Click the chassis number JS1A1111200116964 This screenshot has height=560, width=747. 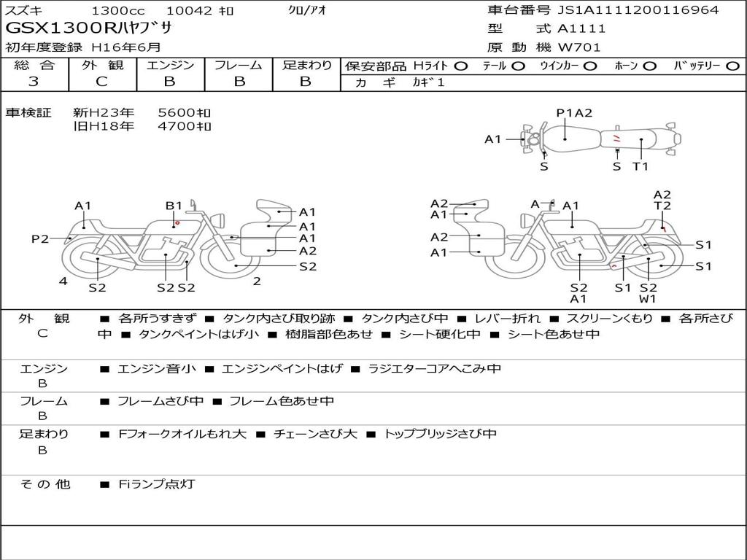pos(638,9)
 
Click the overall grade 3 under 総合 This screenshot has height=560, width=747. pos(34,82)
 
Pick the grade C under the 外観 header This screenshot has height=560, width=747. pos(101,82)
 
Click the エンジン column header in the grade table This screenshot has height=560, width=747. pos(170,65)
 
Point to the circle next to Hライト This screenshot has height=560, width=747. pos(461,66)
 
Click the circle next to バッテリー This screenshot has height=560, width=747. pos(732,66)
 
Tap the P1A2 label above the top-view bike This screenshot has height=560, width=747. pos(574,113)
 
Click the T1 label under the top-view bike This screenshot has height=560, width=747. pos(640,166)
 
